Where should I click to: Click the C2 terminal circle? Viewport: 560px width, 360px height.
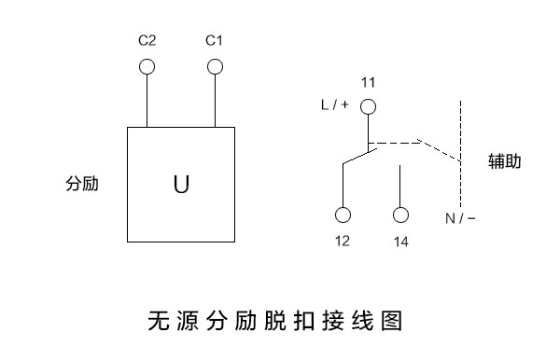click(x=147, y=66)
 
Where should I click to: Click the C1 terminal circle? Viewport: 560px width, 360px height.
click(x=215, y=66)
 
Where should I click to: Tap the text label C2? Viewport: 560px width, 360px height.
click(x=147, y=41)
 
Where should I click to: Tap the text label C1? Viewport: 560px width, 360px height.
click(x=214, y=41)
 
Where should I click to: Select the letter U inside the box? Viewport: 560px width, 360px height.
click(x=181, y=185)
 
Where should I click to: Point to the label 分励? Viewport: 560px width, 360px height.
click(x=82, y=184)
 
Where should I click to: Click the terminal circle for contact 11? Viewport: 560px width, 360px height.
click(x=369, y=106)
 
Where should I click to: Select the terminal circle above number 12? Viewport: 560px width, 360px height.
click(x=343, y=215)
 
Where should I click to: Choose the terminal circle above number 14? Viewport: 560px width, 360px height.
click(x=401, y=215)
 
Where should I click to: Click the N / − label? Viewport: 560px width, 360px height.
click(x=460, y=219)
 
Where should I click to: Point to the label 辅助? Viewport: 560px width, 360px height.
click(x=505, y=161)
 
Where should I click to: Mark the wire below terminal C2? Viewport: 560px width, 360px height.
click(x=147, y=100)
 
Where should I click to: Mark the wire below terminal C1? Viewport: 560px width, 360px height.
click(x=215, y=100)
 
